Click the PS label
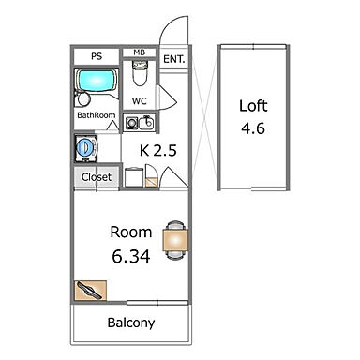(x=97, y=56)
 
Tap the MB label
(x=139, y=52)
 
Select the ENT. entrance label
(x=174, y=59)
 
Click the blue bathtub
(x=96, y=81)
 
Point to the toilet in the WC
(x=140, y=73)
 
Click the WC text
(x=140, y=101)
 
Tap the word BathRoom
(x=97, y=115)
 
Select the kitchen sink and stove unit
(x=140, y=123)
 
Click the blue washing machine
(x=85, y=148)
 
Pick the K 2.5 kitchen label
(x=158, y=151)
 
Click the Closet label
(x=97, y=177)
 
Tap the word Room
(x=131, y=232)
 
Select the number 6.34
(x=131, y=257)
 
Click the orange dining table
(x=175, y=240)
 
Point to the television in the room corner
(x=90, y=291)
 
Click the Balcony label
(x=131, y=322)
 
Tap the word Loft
(x=253, y=106)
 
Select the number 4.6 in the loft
(x=253, y=128)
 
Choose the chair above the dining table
(x=175, y=226)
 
